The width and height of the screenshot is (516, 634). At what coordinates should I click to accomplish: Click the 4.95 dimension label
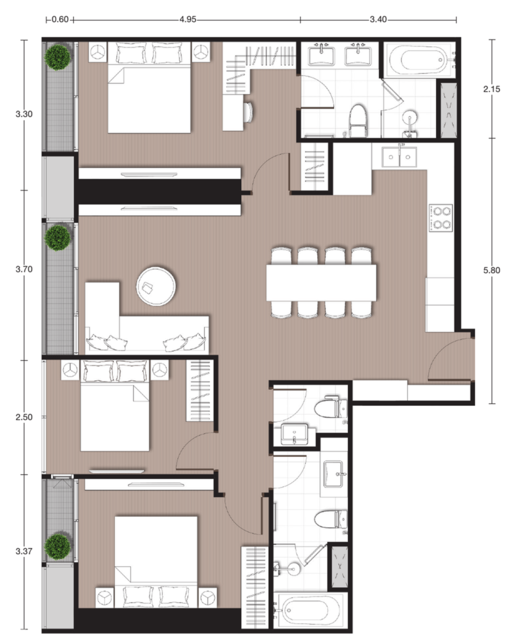click(x=188, y=19)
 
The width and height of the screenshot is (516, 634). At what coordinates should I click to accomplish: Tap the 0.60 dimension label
click(x=60, y=19)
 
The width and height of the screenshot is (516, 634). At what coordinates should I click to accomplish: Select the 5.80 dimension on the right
click(x=491, y=270)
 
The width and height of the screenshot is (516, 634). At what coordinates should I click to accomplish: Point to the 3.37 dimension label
click(x=24, y=551)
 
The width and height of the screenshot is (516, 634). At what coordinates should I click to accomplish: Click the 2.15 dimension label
click(x=491, y=89)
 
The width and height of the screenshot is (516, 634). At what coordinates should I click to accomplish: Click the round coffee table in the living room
click(x=156, y=286)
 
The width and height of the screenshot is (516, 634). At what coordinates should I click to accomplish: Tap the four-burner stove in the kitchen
click(x=441, y=218)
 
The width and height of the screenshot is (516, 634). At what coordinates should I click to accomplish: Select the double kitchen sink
click(x=399, y=157)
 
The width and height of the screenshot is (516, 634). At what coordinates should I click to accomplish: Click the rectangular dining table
click(x=321, y=282)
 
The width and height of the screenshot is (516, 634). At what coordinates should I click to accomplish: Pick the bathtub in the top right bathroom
click(x=420, y=60)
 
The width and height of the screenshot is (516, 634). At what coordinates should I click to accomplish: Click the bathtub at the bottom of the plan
click(x=310, y=611)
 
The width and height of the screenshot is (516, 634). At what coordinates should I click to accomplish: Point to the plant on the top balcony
click(x=58, y=58)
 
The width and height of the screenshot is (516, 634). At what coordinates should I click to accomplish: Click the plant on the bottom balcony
click(x=58, y=546)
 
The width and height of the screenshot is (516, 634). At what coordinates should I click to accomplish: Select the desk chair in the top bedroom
click(x=247, y=111)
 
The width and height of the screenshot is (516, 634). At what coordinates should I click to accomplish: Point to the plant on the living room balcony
click(x=58, y=237)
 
